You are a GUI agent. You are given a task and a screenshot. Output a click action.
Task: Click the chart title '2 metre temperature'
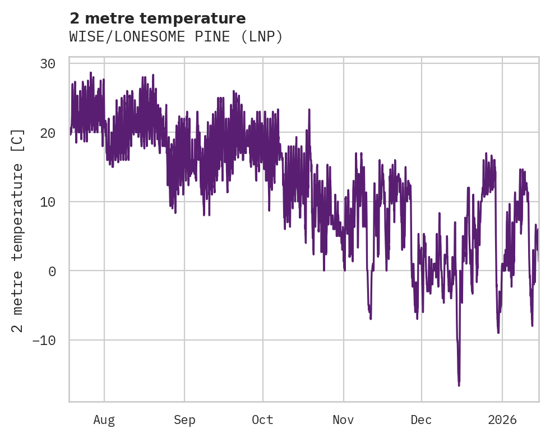[158, 18]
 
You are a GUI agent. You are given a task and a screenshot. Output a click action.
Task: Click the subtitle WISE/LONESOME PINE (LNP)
[176, 37]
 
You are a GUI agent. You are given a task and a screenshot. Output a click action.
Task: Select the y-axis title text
[18, 230]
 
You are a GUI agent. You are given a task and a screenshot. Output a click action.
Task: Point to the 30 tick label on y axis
[47, 64]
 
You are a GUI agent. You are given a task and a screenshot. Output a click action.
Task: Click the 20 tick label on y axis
[47, 133]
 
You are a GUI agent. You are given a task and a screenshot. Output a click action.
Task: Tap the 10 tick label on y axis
[47, 202]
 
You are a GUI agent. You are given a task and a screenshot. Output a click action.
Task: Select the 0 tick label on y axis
[52, 271]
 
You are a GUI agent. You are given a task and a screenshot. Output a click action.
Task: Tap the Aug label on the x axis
[104, 420]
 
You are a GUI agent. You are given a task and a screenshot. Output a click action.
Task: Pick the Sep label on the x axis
[184, 420]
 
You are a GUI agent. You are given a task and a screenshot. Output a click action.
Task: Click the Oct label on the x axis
[262, 420]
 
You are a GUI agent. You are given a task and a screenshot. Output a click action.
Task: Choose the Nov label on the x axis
[343, 420]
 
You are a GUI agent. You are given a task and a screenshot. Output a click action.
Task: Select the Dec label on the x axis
[421, 420]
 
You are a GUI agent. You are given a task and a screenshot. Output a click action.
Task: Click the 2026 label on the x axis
[502, 420]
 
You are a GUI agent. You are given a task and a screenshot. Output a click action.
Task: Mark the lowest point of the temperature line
[459, 385]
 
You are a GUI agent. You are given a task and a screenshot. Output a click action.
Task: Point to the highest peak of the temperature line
[91, 73]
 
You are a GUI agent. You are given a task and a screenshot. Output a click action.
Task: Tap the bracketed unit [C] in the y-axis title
[18, 139]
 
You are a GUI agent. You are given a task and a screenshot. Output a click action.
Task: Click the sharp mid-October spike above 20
[309, 110]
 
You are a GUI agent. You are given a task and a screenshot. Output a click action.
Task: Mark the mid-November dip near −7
[371, 318]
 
